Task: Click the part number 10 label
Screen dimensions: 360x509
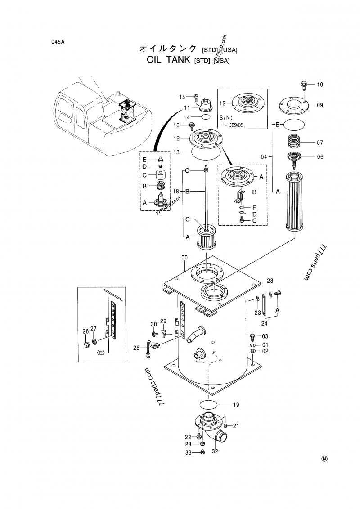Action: pyautogui.click(x=320, y=85)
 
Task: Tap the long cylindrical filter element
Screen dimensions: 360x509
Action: pyautogui.click(x=295, y=202)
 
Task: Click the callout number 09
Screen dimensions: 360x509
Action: pyautogui.click(x=320, y=105)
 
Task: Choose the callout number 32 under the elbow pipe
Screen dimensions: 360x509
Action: pyautogui.click(x=215, y=451)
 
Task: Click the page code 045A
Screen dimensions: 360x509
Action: pyautogui.click(x=58, y=42)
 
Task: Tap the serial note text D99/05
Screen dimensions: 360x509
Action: pyautogui.click(x=235, y=125)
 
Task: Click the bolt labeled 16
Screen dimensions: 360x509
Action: pyautogui.click(x=192, y=125)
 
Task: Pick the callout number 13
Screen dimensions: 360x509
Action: pyautogui.click(x=176, y=152)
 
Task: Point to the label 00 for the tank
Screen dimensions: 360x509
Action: pyautogui.click(x=184, y=257)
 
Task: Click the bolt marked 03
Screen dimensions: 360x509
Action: pyautogui.click(x=253, y=337)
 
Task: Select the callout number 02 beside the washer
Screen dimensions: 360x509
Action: pyautogui.click(x=265, y=351)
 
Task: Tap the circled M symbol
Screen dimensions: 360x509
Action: pyautogui.click(x=324, y=459)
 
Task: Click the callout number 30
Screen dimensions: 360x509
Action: pyautogui.click(x=154, y=324)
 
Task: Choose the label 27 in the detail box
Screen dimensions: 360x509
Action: pyautogui.click(x=94, y=329)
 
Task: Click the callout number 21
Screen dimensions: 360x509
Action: pyautogui.click(x=236, y=426)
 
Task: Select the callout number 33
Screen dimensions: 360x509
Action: pyautogui.click(x=189, y=452)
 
